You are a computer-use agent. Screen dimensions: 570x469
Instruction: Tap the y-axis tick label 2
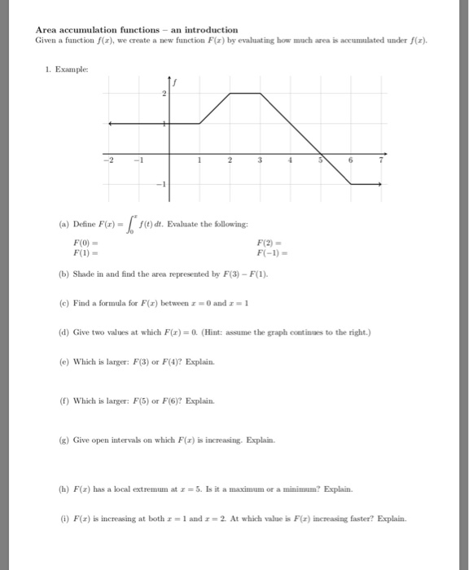(164, 94)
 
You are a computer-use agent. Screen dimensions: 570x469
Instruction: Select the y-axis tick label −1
(161, 185)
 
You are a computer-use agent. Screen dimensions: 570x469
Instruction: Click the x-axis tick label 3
(261, 160)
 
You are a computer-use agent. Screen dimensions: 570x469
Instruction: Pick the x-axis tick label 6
(351, 160)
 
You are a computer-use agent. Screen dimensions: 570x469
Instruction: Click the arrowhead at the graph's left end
(112, 124)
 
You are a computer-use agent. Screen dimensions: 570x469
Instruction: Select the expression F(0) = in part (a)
(85, 243)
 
